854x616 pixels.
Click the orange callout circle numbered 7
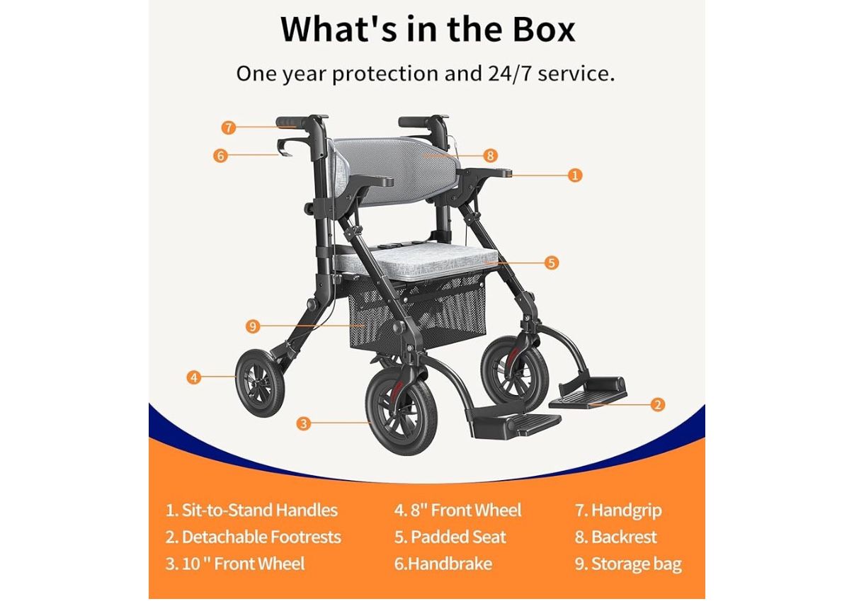pos(228,128)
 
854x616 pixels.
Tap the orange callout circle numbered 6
pos(221,156)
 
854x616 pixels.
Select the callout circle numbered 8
pos(491,156)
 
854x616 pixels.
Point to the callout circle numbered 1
pos(575,175)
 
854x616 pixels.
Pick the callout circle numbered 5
pos(552,263)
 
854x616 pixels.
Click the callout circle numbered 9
pos(253,326)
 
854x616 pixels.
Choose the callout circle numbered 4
pos(194,377)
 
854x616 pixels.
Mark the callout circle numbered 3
pos(304,423)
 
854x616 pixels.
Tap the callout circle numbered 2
pos(658,404)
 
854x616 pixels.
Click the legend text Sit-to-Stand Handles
pos(259,511)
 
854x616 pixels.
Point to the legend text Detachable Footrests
pos(261,537)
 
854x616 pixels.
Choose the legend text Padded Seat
pos(458,537)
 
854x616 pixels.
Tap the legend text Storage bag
pos(636,564)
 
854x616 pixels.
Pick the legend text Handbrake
pos(450,564)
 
